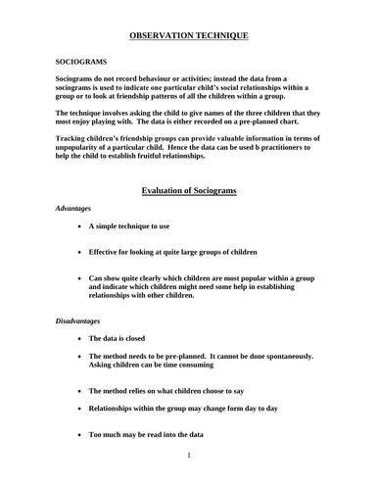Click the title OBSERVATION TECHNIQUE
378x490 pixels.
point(189,36)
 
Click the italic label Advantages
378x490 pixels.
point(73,209)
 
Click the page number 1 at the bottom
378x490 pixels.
point(188,455)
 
